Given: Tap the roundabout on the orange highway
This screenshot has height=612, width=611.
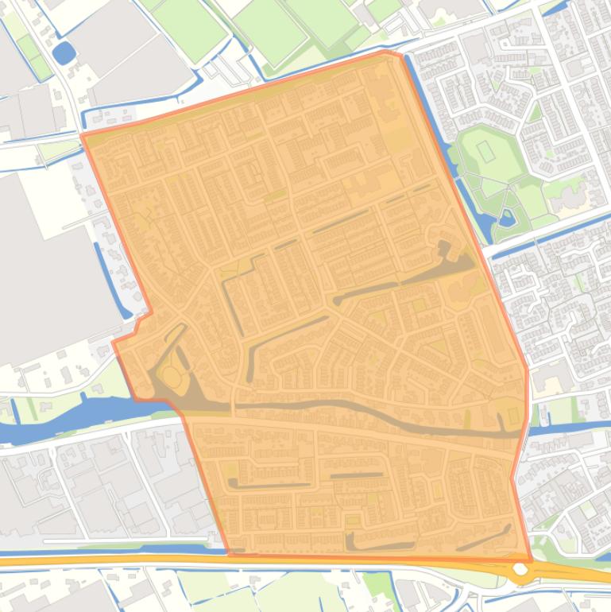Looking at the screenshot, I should tap(520, 569).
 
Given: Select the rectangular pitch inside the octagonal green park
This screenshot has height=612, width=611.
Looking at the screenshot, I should tap(485, 149).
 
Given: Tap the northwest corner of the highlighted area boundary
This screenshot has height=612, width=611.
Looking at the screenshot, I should tap(83, 135).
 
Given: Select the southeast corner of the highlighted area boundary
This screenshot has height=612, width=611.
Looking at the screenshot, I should tap(531, 559).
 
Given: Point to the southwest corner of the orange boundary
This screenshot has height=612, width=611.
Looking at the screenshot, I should tap(229, 553).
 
